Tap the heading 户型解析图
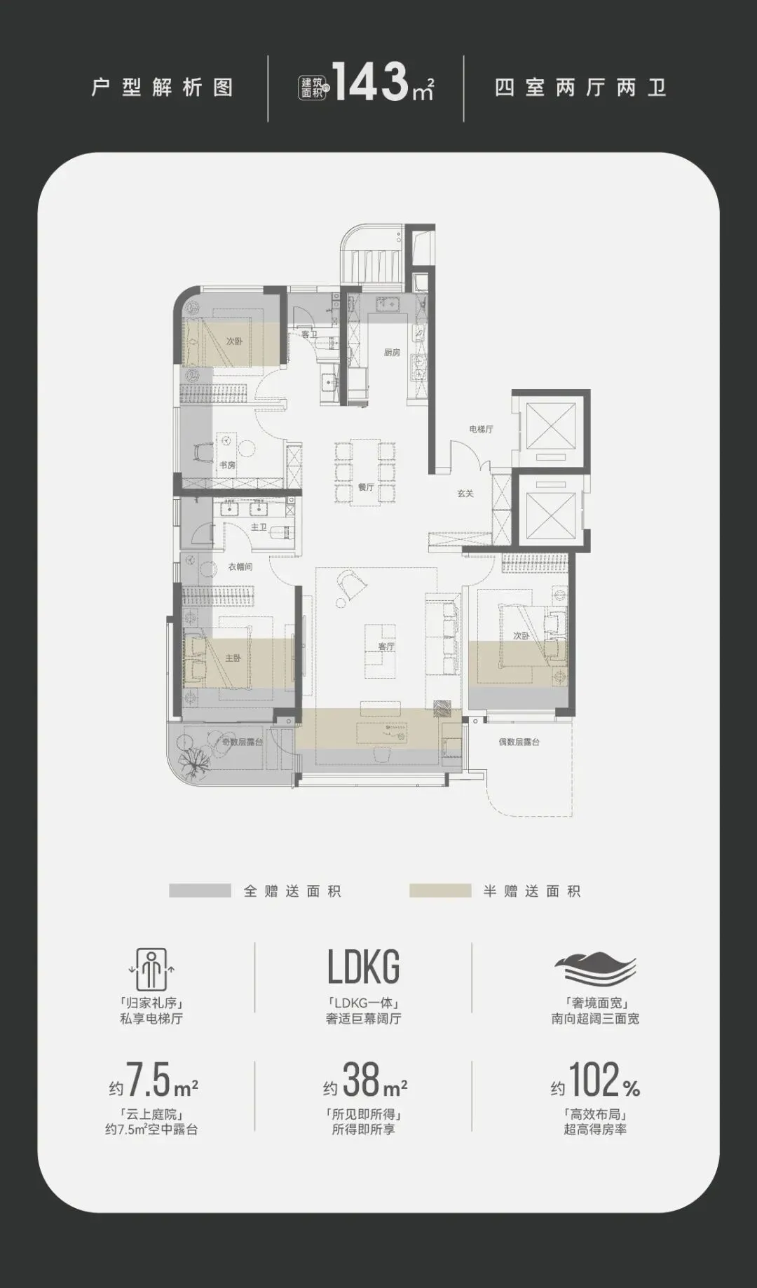coord(163,88)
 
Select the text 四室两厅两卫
coord(580,88)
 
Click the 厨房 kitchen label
coord(392,353)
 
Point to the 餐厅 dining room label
coord(366,487)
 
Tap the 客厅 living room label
coord(386,646)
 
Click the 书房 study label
coord(227,465)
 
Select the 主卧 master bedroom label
coord(233,658)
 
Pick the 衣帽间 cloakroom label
coord(240,567)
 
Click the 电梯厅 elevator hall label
coord(482,429)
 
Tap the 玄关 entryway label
coord(465,494)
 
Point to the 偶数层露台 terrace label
coord(519,742)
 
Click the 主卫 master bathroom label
coord(259,527)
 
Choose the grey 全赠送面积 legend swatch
coord(200,890)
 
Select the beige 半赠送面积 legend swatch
coord(440,890)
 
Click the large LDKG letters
coord(364,967)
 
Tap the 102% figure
coord(603,1080)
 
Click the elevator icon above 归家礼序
coord(151,970)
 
